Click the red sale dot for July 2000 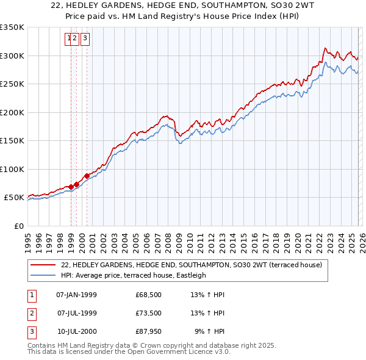pyautogui.click(x=87, y=176)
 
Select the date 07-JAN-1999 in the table pyautogui.click(x=76, y=295)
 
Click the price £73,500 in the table pyautogui.click(x=149, y=313)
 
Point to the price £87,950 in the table pyautogui.click(x=149, y=331)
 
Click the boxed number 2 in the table pyautogui.click(x=32, y=313)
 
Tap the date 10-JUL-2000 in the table pyautogui.click(x=76, y=331)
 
